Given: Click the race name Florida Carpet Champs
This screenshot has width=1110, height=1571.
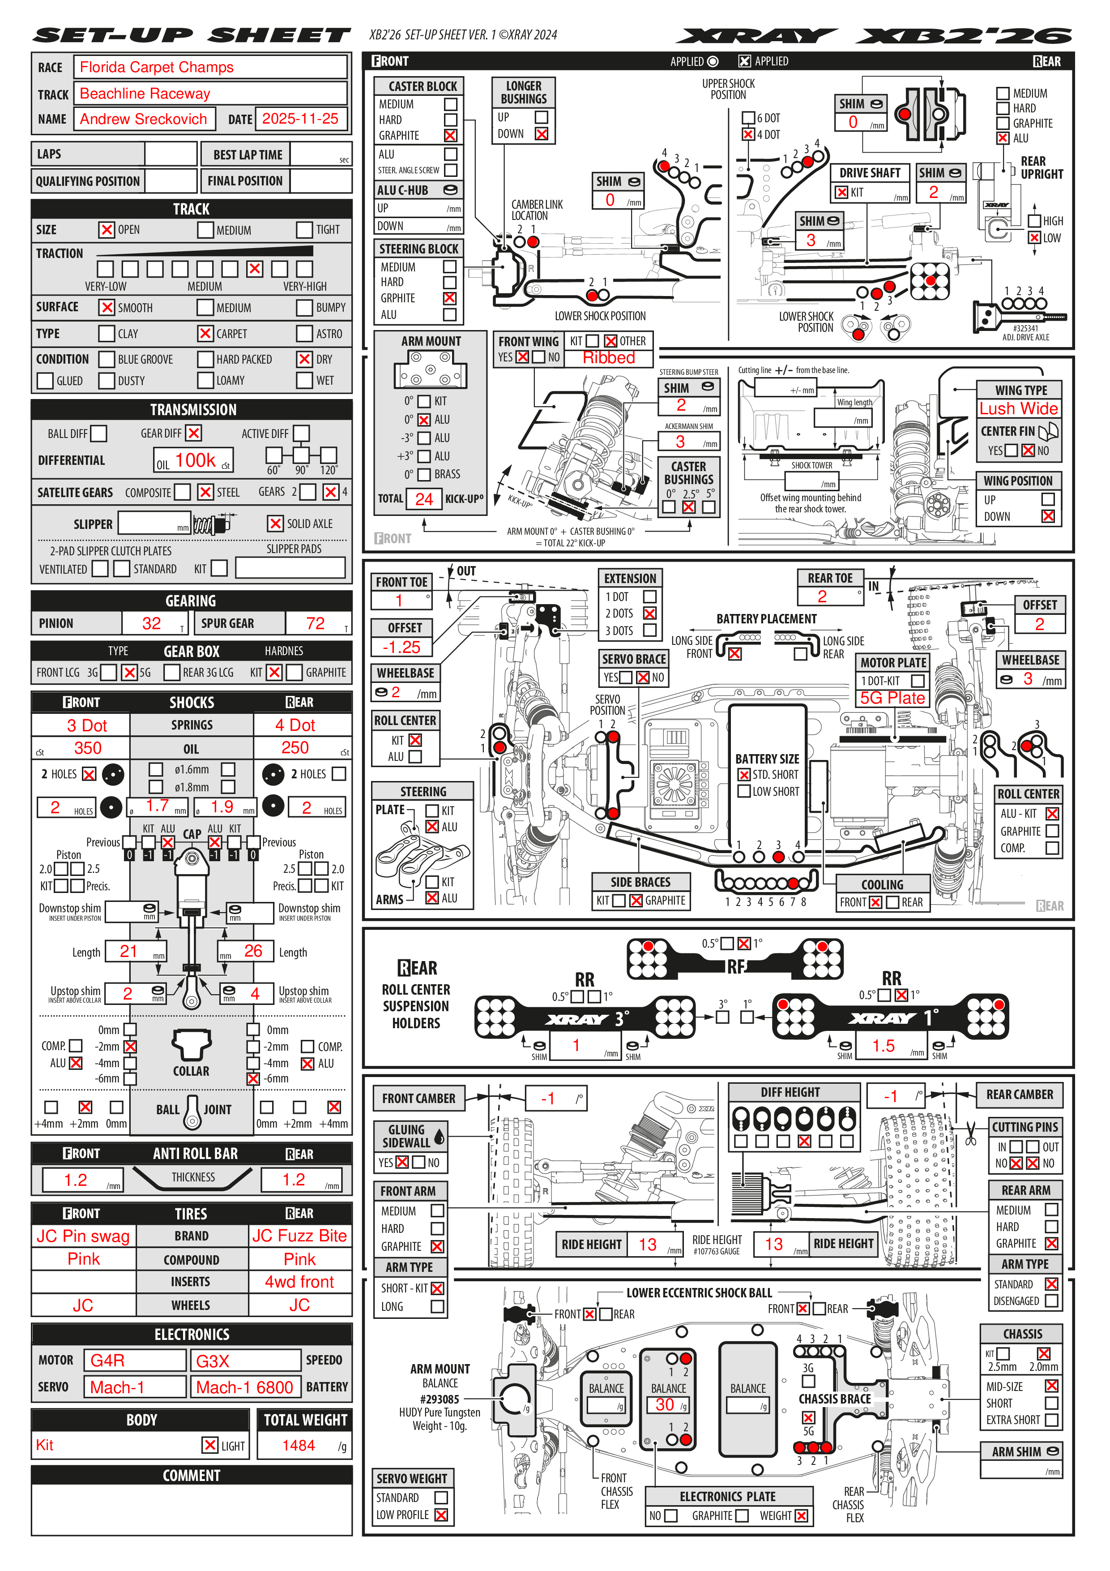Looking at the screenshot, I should click(157, 67).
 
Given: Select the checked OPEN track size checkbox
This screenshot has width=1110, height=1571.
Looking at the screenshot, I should click(107, 230).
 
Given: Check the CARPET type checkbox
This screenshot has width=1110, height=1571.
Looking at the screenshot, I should click(205, 334).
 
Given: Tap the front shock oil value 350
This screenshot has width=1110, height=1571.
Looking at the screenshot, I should click(88, 748).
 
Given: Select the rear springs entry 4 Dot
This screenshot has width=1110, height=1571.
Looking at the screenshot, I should click(295, 725).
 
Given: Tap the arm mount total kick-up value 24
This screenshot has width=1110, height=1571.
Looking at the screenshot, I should click(423, 499).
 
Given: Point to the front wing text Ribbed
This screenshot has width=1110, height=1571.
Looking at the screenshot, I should click(609, 358).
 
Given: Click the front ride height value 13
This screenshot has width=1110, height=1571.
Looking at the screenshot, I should click(647, 1245).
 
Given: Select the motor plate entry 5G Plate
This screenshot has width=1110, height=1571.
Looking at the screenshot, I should click(892, 698).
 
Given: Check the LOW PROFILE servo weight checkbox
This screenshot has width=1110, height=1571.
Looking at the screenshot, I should click(441, 1515).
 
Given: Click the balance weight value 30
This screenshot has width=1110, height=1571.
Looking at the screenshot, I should click(664, 1405).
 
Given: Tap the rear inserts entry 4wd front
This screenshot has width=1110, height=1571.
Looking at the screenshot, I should click(299, 1282).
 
